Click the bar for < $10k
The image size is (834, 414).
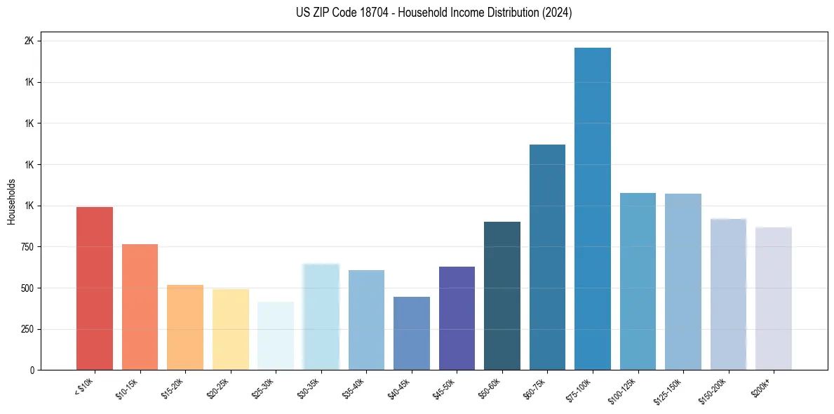pos(94,288)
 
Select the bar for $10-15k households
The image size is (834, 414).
pos(140,307)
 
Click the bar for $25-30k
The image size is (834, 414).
pos(276,335)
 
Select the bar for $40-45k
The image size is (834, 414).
pos(411,333)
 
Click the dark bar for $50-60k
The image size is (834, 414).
pos(502,295)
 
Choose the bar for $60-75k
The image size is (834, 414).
pos(547,257)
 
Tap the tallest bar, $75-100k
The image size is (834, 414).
pos(593,208)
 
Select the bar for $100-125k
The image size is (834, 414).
pos(638,281)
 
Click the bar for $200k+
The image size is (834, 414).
pos(774,298)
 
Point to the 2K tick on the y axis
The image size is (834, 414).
pos(29,41)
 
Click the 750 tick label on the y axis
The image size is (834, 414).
pos(27,247)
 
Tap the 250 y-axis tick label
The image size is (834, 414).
pos(27,329)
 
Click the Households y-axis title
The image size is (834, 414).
pos(12,201)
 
